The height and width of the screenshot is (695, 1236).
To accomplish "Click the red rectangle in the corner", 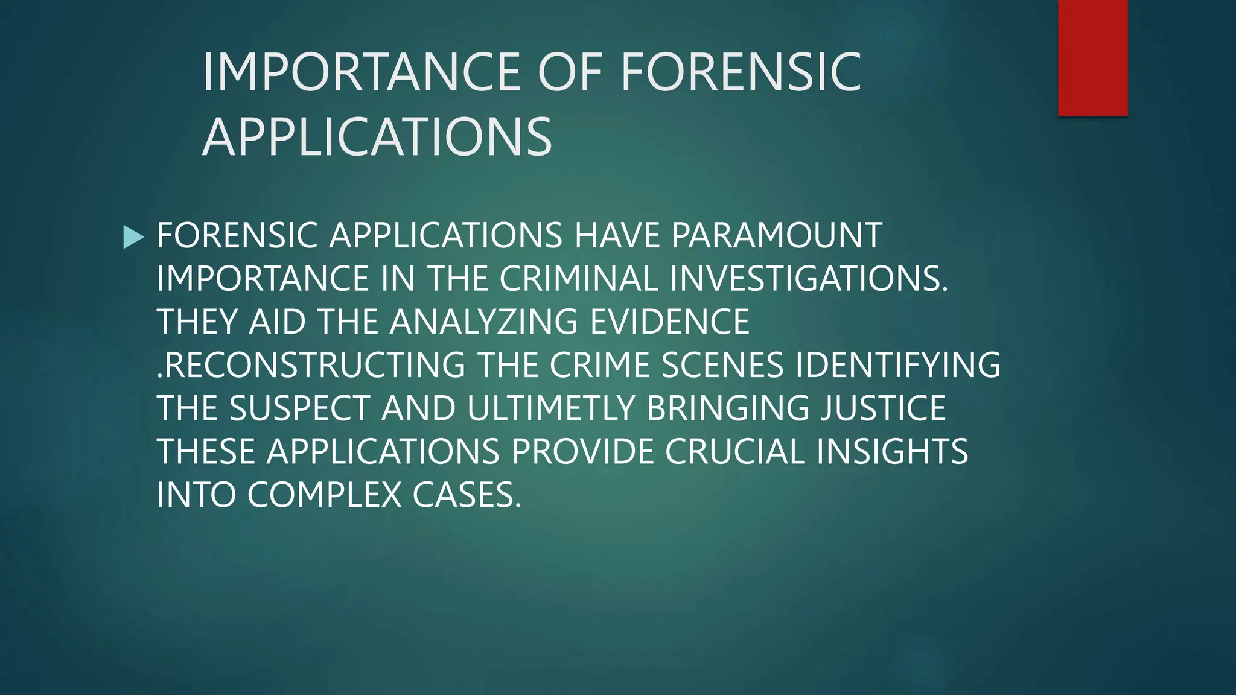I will point(1092,58).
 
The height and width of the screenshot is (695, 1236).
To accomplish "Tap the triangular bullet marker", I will point(133,236).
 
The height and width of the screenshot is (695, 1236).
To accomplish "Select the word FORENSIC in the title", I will point(741,72).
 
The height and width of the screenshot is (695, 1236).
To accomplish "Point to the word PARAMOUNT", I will point(776,235).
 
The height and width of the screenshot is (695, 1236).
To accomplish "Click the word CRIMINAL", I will point(578,279).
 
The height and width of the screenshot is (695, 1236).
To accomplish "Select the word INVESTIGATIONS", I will point(809,279).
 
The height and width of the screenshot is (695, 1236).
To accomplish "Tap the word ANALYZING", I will point(483,322).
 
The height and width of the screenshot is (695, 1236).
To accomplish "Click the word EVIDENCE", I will point(669,322).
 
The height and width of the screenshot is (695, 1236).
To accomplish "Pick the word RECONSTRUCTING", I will point(314,365).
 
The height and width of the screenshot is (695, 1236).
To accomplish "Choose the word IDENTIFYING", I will point(898,365).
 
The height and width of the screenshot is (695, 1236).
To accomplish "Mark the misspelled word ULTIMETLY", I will point(550,408).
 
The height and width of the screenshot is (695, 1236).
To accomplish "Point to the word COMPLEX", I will point(324,495).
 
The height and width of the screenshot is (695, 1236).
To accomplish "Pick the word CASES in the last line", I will point(466,495).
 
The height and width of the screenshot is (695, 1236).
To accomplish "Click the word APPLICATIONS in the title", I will point(377,138).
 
